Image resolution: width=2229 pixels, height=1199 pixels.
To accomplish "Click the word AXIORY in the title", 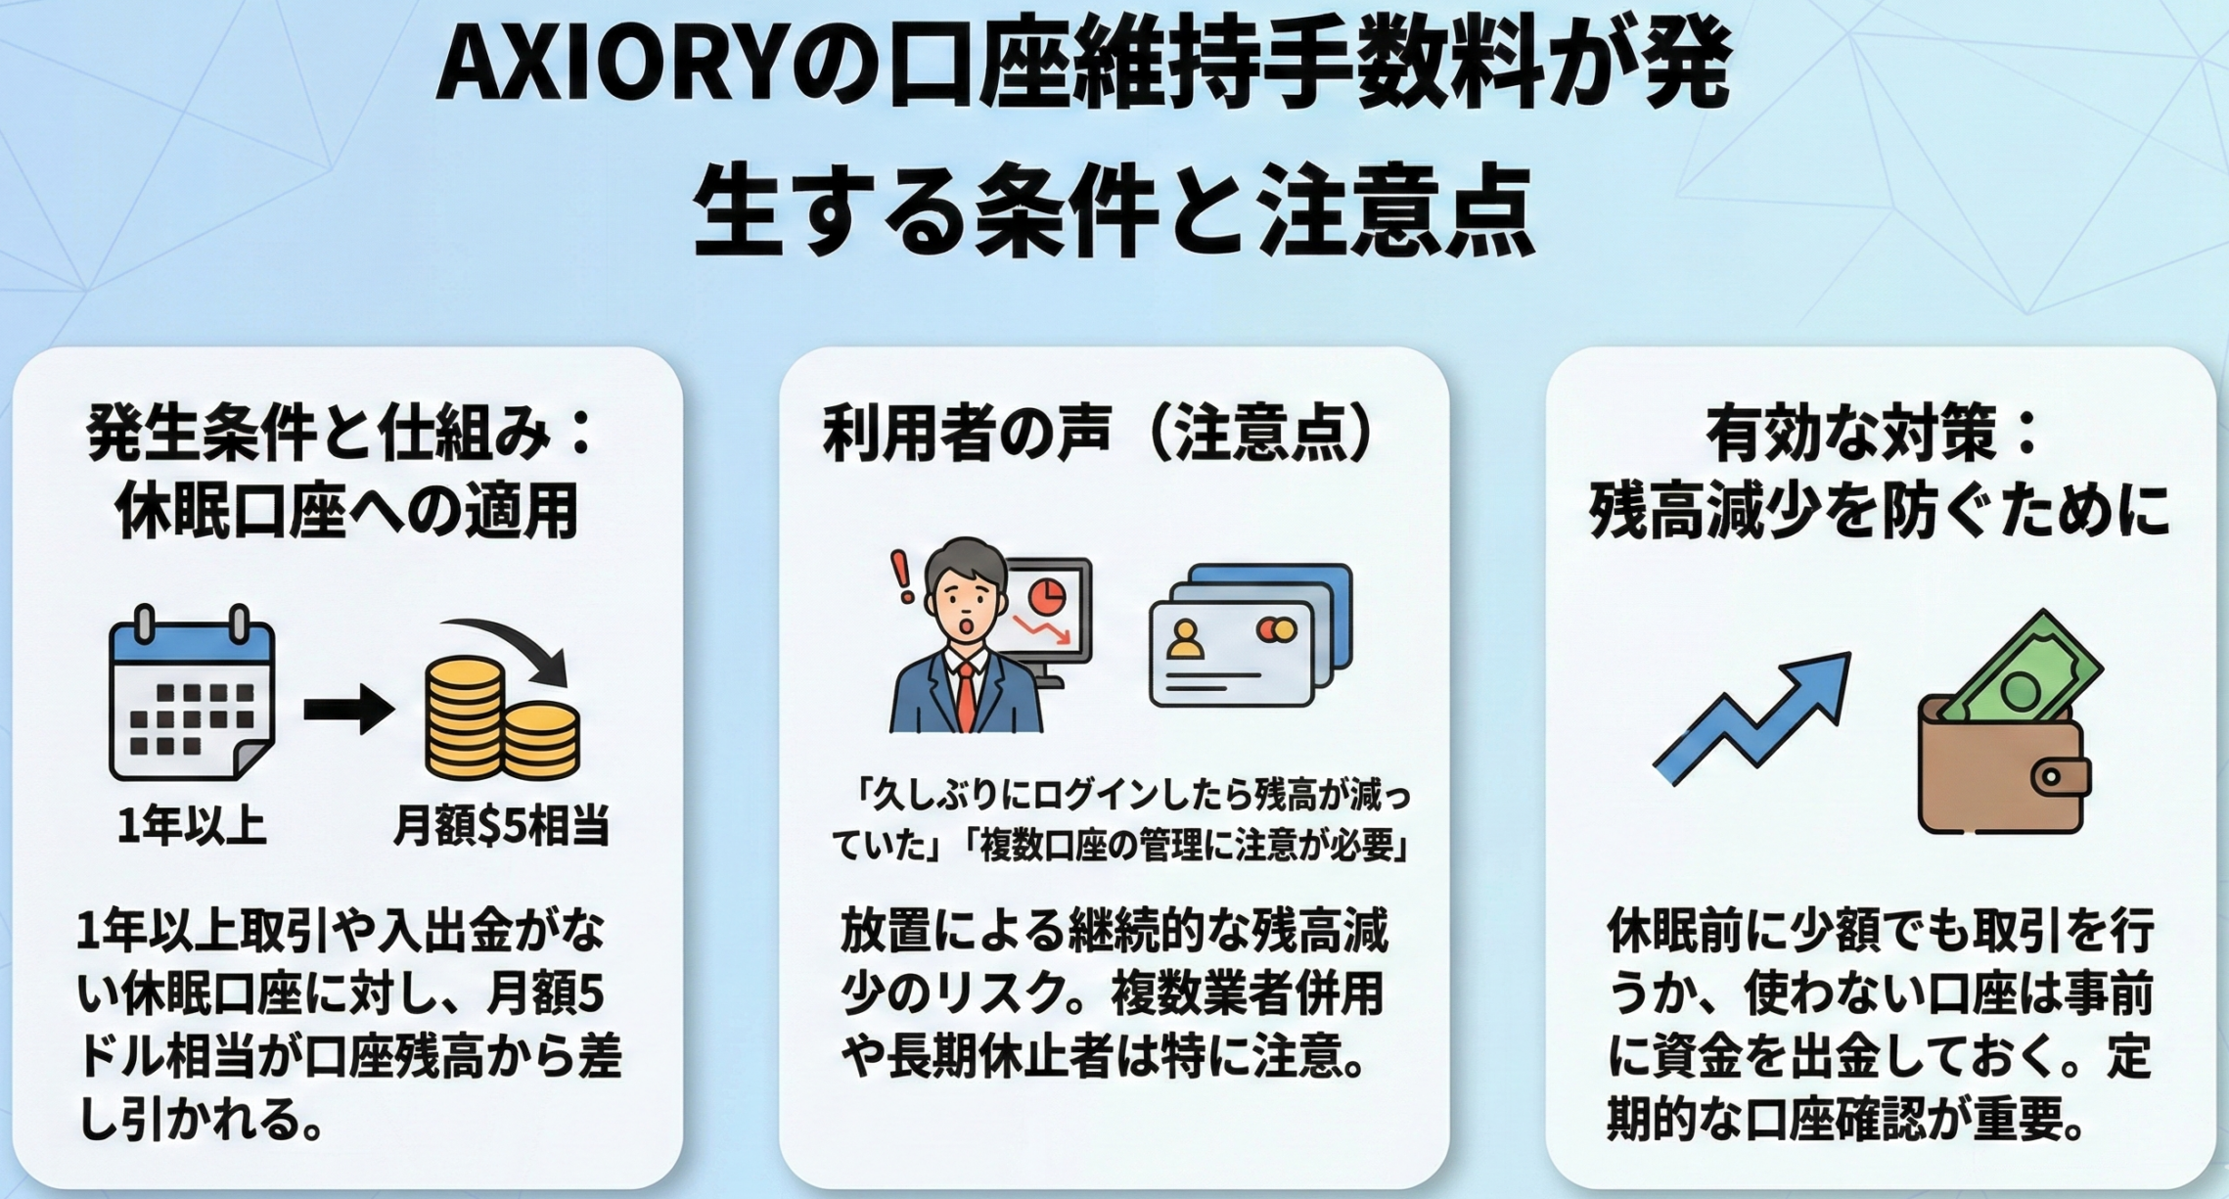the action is coord(613,69).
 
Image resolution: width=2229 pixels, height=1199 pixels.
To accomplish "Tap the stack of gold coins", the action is coord(502,718).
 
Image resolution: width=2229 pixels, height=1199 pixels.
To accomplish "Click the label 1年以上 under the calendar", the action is coord(192,825).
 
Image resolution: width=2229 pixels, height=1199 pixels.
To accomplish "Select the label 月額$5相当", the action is coord(502,825).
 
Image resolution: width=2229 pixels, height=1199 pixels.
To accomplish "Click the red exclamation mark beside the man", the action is coord(901,576).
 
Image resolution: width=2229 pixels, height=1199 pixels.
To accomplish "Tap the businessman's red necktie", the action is coord(966,696).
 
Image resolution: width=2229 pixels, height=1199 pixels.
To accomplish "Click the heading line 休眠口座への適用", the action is coord(346,510).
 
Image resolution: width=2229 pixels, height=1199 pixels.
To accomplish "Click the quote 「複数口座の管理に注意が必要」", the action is coord(1186,847).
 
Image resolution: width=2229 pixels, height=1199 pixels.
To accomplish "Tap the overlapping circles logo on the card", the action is coord(1276,629).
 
